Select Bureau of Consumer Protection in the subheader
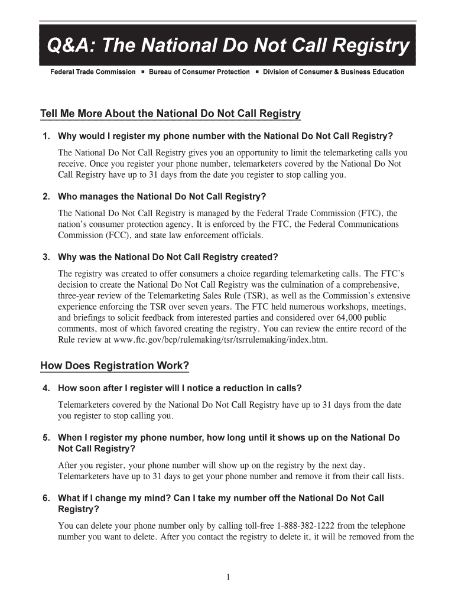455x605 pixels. pos(199,72)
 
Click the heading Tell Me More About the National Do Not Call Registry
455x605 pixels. pos(170,113)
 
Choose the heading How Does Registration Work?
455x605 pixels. pos(115,366)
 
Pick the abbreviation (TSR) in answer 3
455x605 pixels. pos(250,296)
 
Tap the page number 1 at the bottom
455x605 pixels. pos(227,578)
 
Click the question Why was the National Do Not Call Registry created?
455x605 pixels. pos(167,257)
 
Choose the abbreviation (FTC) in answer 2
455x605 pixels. pos(369,213)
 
